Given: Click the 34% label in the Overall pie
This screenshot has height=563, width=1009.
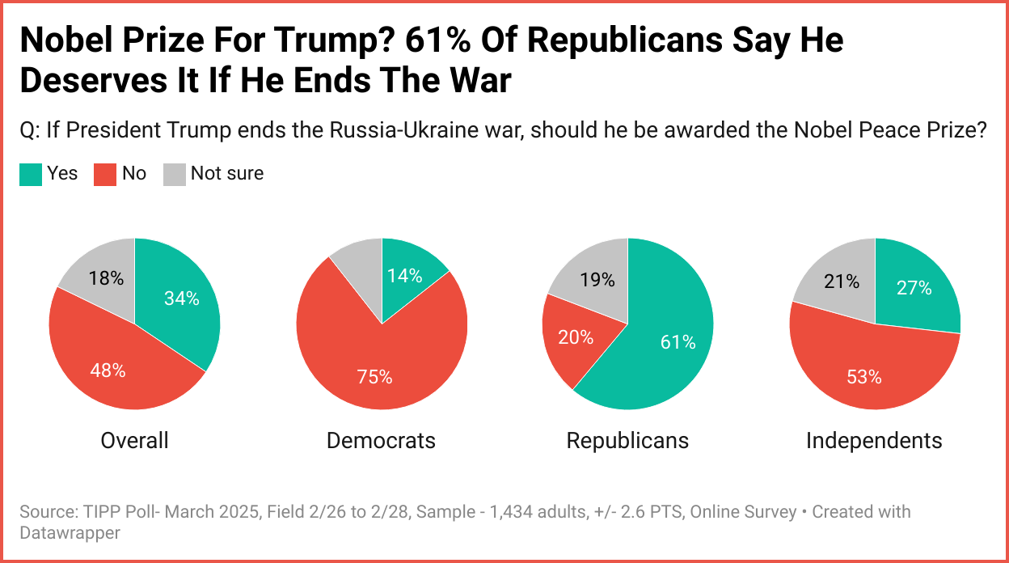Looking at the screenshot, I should (181, 298).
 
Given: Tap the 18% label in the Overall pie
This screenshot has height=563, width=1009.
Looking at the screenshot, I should (107, 278).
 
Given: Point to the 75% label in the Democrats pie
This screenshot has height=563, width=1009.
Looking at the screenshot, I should (374, 377).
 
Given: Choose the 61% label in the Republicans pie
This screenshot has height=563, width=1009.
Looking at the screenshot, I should (678, 342).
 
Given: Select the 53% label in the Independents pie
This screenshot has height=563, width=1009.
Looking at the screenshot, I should (864, 377).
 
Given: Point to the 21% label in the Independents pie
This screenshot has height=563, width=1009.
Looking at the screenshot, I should (842, 281).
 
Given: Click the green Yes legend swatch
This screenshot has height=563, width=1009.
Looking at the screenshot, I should (31, 174).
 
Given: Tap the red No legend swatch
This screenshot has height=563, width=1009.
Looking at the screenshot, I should (106, 174).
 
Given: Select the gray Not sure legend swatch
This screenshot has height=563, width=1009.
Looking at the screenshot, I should (175, 174).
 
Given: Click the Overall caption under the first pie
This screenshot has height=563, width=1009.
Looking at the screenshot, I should (134, 440).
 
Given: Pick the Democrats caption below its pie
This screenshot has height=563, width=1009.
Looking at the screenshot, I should (381, 440).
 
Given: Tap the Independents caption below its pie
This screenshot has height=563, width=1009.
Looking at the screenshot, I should (874, 440).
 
